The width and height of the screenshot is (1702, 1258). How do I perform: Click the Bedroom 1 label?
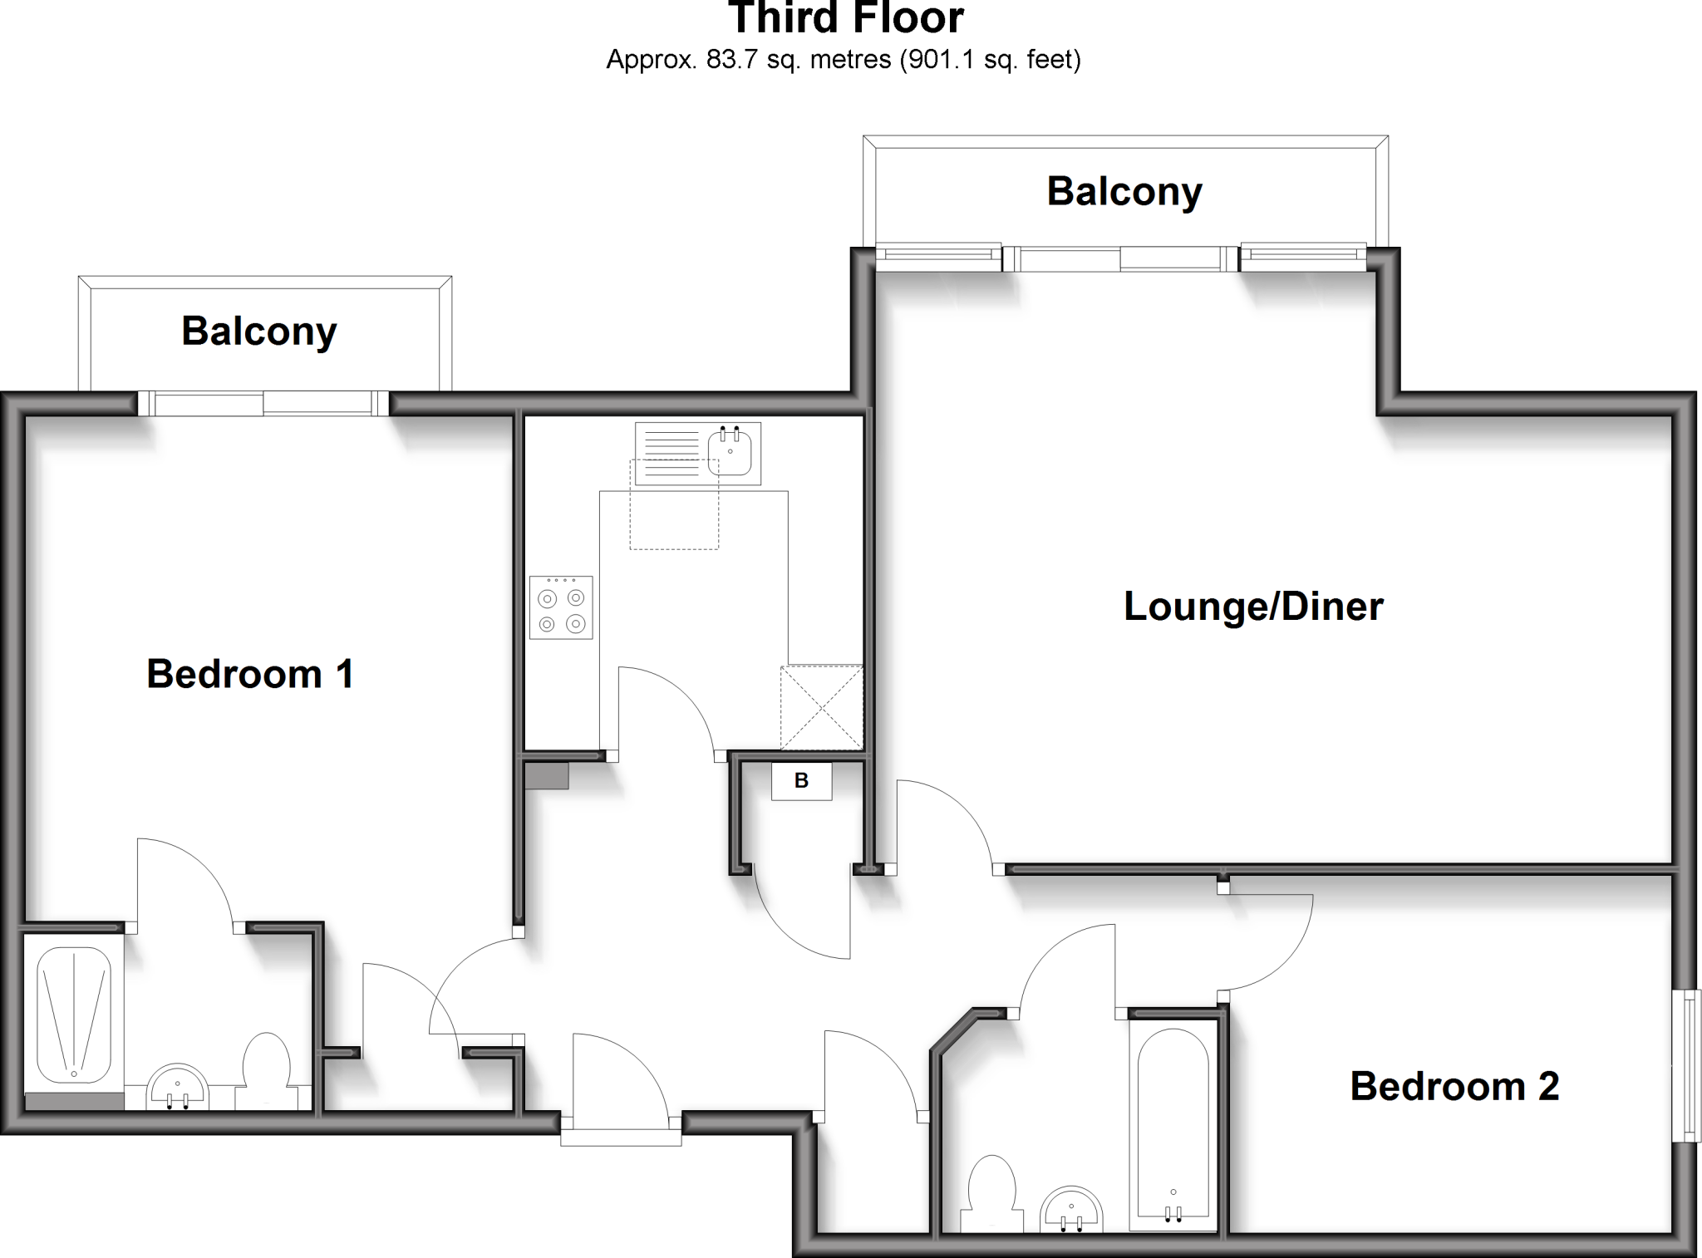click(250, 673)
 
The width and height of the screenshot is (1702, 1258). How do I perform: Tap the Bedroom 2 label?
click(1454, 1086)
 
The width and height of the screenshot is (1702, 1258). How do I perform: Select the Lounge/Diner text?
click(1252, 607)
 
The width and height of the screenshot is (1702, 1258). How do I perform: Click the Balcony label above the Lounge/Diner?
click(1124, 192)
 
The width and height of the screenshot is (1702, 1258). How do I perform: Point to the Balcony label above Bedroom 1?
click(258, 332)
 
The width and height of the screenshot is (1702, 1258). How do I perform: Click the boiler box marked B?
click(801, 781)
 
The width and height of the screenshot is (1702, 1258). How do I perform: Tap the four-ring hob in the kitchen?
click(561, 607)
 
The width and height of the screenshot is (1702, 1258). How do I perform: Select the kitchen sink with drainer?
click(698, 454)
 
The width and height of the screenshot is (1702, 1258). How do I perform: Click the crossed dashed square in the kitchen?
click(821, 708)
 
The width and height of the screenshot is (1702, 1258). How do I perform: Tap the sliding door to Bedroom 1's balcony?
click(263, 404)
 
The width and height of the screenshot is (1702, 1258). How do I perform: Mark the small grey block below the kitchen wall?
click(547, 776)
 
